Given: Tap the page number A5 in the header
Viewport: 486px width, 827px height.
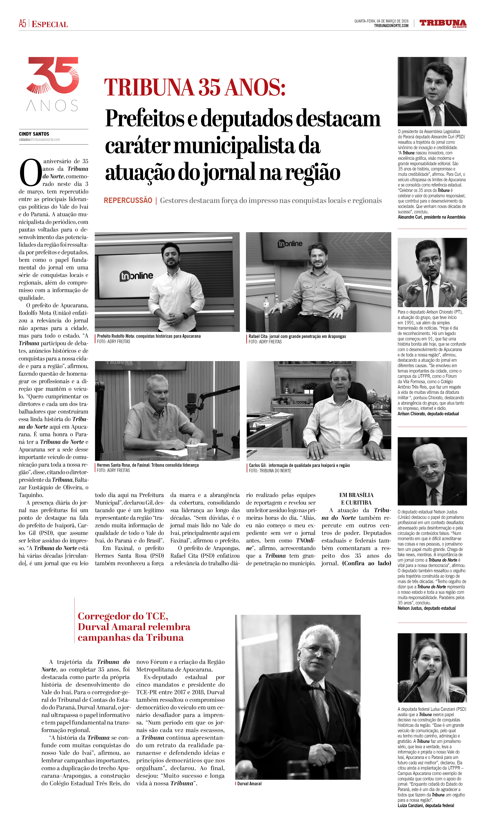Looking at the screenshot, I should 22,24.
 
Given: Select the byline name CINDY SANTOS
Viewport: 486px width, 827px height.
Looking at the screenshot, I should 34,134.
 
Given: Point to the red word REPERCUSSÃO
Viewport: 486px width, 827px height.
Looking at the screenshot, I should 128,201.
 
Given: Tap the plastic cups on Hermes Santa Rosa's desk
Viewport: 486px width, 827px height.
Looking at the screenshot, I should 197,450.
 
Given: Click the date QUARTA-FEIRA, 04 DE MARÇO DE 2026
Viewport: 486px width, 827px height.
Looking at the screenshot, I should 381,21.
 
